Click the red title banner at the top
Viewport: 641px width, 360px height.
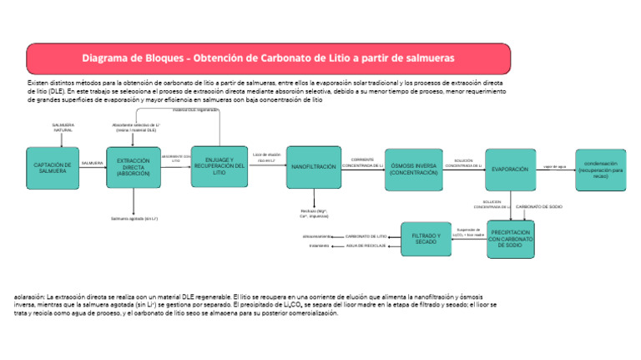tap(268, 58)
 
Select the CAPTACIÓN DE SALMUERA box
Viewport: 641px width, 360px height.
tap(51, 169)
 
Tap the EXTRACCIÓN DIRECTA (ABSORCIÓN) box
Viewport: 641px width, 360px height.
tap(133, 169)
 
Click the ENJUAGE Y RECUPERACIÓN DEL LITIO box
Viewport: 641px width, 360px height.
tap(219, 165)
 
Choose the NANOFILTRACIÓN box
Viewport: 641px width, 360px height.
tap(314, 168)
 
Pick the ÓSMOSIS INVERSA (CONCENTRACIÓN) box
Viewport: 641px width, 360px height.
tap(413, 170)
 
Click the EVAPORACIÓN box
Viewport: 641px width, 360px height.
tap(510, 170)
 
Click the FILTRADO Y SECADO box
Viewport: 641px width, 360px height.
tap(425, 240)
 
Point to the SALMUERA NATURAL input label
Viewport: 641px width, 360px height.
tap(63, 128)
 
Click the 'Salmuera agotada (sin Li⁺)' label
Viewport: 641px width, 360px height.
tap(134, 219)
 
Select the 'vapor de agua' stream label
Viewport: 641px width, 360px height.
tap(555, 167)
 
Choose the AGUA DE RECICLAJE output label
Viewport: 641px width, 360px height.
tap(366, 246)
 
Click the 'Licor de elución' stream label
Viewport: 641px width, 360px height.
tap(267, 155)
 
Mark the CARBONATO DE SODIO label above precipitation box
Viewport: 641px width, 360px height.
tap(538, 205)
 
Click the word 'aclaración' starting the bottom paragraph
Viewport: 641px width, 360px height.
tap(29, 297)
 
